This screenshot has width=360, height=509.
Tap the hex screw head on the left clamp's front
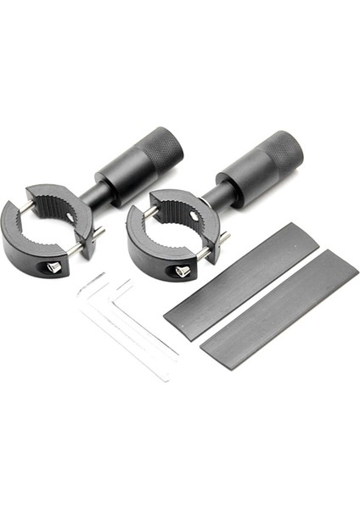(x=53, y=266)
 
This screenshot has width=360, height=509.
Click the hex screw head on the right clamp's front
(x=181, y=270)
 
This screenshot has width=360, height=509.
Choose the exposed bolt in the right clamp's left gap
(x=146, y=212)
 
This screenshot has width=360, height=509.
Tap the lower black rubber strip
(x=280, y=310)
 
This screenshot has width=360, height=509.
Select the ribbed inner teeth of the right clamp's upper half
(x=174, y=209)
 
